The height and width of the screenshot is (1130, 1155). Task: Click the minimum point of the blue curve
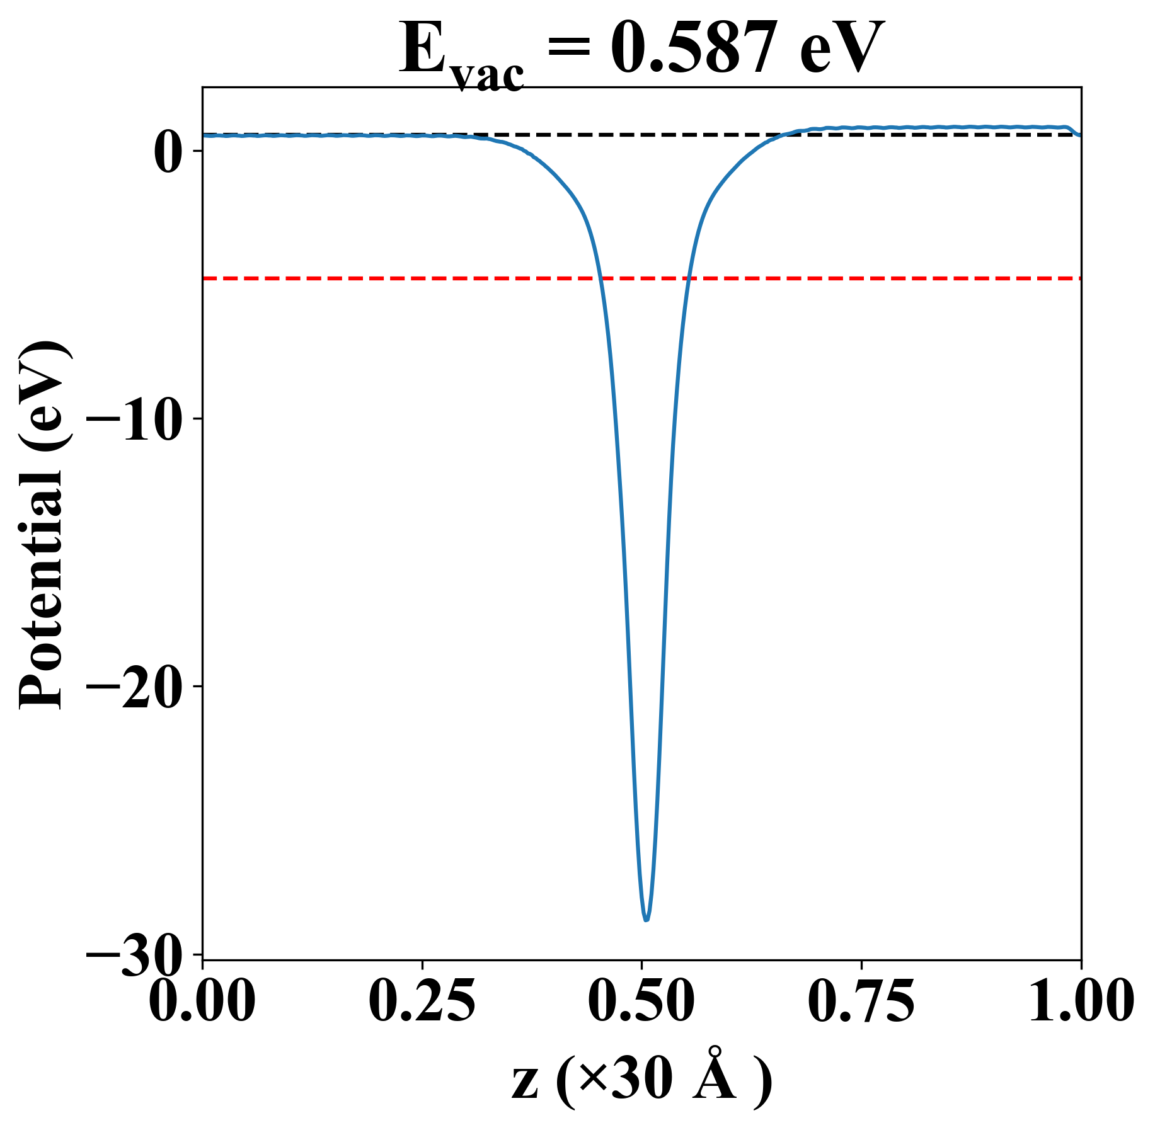tap(646, 920)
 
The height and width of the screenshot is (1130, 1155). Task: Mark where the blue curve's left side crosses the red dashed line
tap(600, 278)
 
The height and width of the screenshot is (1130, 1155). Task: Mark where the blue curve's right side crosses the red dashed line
tap(690, 278)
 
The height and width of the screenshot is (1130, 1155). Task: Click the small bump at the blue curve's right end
tap(1066, 127)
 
